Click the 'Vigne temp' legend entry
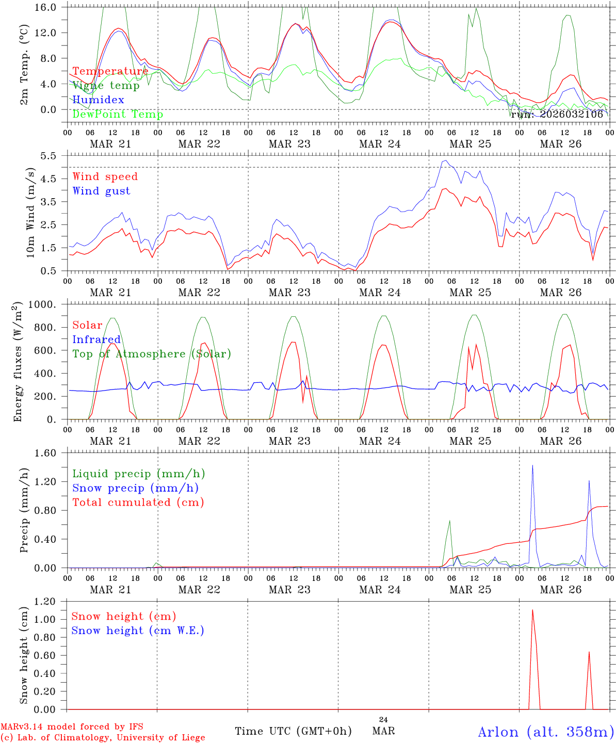(106, 86)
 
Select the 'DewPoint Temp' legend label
(118, 115)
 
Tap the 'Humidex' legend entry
(98, 100)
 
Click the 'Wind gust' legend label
(101, 191)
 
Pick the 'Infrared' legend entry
(96, 340)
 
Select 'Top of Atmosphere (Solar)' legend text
(152, 354)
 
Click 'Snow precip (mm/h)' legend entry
(135, 488)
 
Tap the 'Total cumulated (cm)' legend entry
(138, 503)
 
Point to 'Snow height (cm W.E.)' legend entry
(138, 631)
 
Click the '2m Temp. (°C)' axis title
(24, 64)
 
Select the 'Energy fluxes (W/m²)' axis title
(18, 361)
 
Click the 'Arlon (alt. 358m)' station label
(546, 732)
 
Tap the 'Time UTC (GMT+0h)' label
(293, 731)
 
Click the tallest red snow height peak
(532, 610)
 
